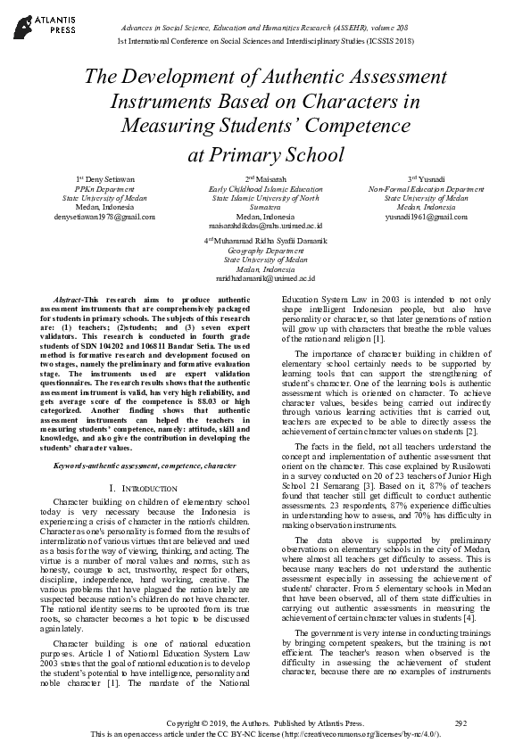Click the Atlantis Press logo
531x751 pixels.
click(36, 22)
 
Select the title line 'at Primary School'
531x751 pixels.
click(265, 153)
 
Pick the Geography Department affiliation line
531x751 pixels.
click(265, 250)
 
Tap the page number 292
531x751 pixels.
click(460, 722)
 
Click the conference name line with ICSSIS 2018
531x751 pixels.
click(265, 42)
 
